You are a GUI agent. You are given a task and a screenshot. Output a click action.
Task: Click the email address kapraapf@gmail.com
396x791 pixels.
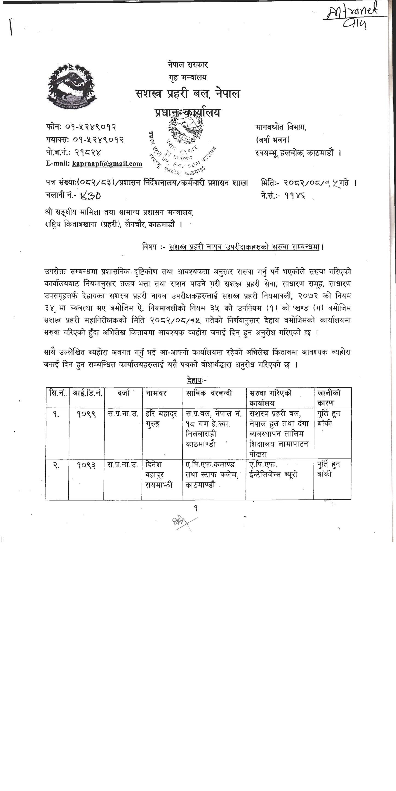click(107, 164)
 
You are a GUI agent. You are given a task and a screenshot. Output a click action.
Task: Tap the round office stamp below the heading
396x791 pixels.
click(183, 144)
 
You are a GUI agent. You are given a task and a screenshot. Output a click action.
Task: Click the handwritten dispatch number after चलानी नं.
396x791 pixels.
click(91, 196)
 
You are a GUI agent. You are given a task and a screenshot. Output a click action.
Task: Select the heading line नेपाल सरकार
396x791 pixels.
click(188, 65)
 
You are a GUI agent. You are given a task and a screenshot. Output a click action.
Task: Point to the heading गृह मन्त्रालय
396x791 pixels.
click(188, 77)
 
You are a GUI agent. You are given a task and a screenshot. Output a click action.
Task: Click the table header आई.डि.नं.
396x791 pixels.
click(87, 393)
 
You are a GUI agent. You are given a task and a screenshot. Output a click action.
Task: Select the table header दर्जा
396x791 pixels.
click(123, 393)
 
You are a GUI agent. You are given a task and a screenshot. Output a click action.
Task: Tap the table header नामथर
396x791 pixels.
click(156, 393)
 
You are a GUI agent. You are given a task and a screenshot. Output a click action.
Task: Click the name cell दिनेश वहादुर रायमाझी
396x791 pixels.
click(159, 475)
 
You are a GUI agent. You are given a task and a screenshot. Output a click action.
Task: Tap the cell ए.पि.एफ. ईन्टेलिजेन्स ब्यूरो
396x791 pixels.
click(273, 470)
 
